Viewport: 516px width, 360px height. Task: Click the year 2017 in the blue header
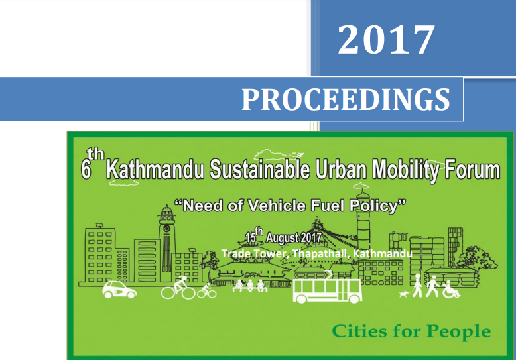[387, 40]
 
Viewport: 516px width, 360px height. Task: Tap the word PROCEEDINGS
[346, 99]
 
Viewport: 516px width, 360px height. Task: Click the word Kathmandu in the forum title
[155, 169]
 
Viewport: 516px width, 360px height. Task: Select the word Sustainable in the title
[259, 169]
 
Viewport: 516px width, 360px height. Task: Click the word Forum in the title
[472, 169]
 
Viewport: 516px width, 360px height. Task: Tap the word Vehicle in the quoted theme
[277, 206]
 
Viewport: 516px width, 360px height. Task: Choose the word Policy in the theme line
[374, 206]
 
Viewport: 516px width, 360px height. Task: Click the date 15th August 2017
[283, 236]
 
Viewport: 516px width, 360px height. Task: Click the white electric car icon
[119, 290]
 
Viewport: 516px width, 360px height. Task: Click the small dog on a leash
[404, 294]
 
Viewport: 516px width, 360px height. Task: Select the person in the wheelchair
[450, 290]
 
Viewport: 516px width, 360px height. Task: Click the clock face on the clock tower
[166, 228]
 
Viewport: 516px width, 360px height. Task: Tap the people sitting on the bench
[250, 286]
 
